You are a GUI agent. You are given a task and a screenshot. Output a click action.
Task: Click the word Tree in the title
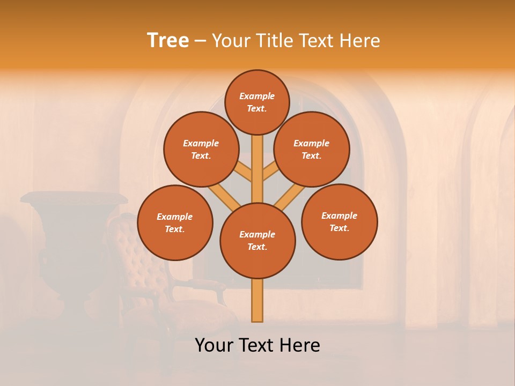(168, 41)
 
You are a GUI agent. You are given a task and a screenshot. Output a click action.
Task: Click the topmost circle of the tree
(257, 102)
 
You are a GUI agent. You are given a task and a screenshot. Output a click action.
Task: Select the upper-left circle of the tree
(201, 150)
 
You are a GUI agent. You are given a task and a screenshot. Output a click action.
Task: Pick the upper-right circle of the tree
(312, 150)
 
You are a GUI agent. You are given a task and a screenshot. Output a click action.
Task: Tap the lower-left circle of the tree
(175, 222)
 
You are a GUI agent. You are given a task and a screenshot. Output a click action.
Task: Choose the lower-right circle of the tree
(339, 221)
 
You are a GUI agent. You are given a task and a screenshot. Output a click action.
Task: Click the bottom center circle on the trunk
(257, 241)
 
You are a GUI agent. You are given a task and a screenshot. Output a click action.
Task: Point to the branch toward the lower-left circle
(224, 197)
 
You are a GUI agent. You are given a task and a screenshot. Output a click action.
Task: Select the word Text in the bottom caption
(255, 345)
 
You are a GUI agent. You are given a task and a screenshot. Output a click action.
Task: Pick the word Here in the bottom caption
(300, 345)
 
